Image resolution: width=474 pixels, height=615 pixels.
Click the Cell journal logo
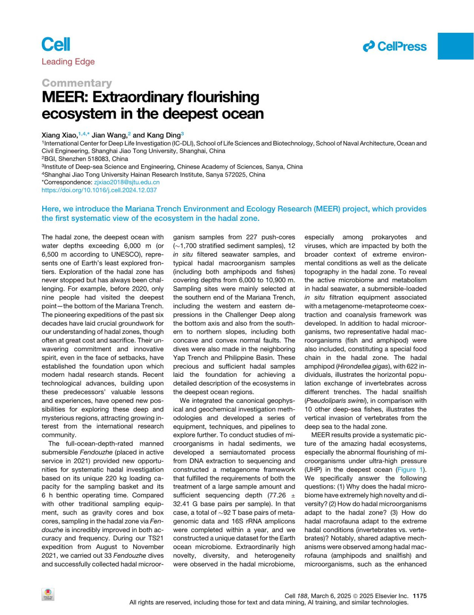click(x=56, y=44)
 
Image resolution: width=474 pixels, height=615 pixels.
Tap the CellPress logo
click(x=395, y=47)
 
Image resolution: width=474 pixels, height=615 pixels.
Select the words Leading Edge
click(x=68, y=62)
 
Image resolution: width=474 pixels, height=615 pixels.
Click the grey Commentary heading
click(x=77, y=83)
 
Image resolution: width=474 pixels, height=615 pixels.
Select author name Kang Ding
click(x=164, y=135)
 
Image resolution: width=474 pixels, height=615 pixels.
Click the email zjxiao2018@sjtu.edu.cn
click(x=127, y=182)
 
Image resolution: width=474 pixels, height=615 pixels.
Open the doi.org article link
click(x=99, y=190)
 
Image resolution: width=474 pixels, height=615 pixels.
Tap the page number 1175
click(x=419, y=596)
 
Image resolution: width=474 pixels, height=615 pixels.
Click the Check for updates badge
click(x=48, y=594)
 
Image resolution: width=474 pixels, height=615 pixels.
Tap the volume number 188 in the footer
click(x=302, y=596)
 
